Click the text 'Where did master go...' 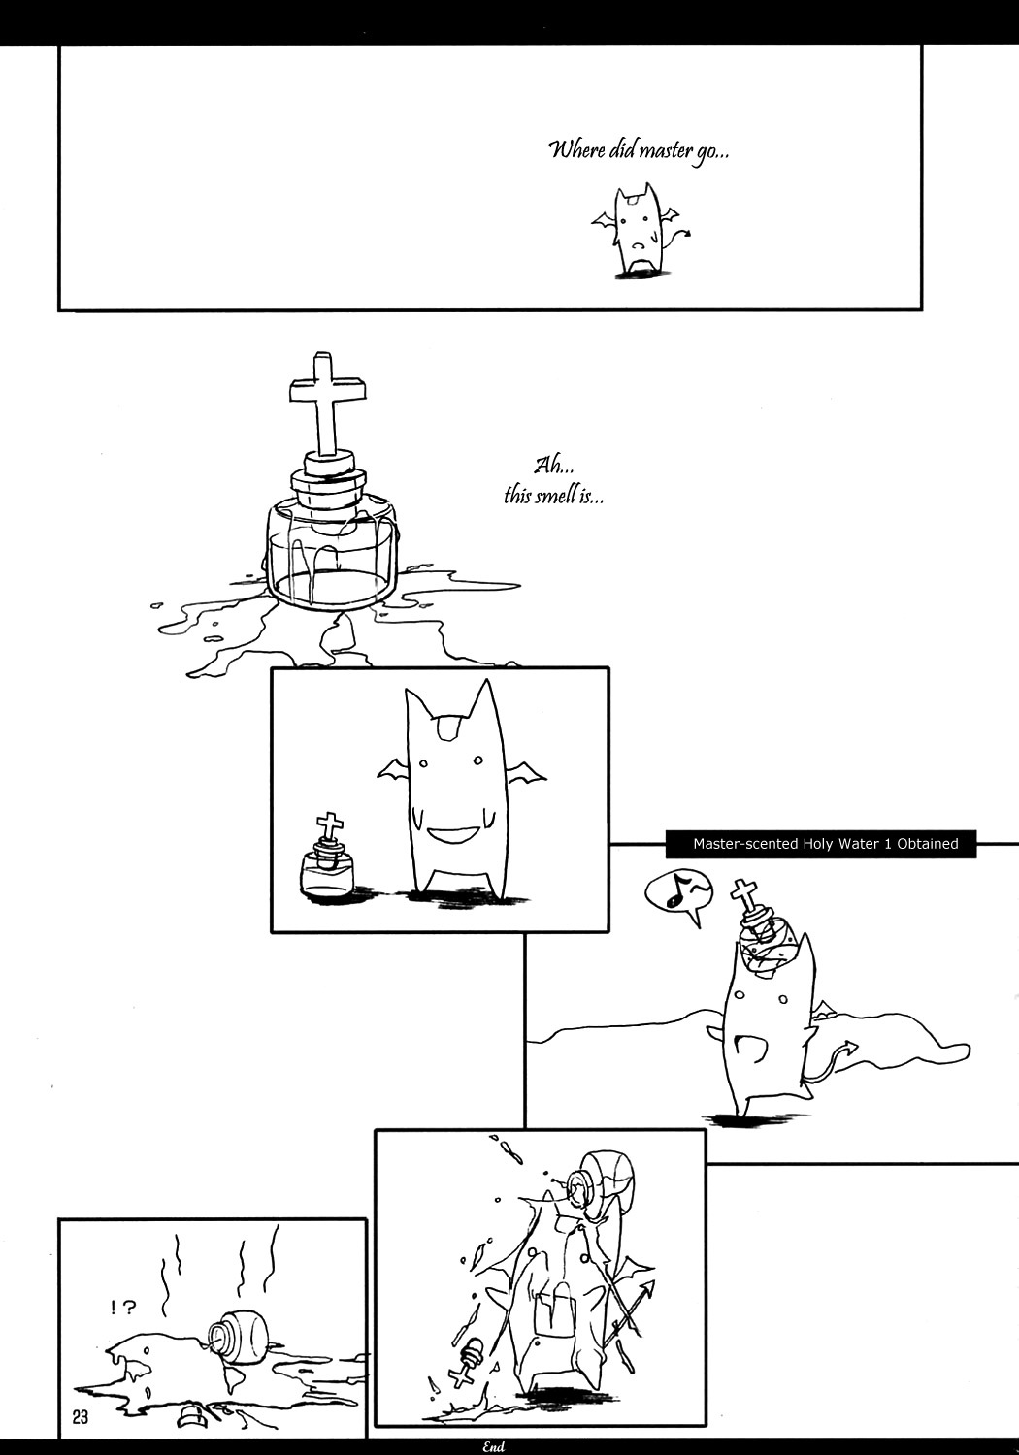pos(640,152)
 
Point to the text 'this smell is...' pos(554,497)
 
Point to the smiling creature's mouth pos(454,835)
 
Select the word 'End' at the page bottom pos(494,1447)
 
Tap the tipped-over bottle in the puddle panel pos(239,1338)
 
